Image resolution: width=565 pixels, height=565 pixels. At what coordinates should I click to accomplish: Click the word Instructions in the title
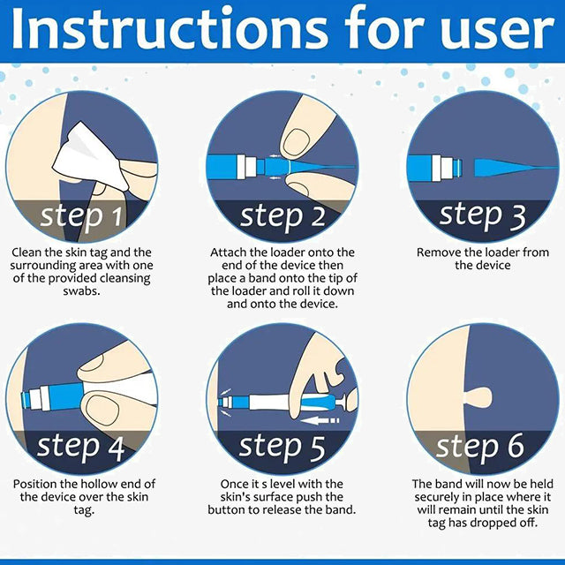(x=169, y=29)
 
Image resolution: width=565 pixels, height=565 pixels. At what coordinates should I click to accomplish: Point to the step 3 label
(x=482, y=216)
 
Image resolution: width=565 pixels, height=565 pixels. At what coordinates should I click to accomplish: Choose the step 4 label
(x=80, y=448)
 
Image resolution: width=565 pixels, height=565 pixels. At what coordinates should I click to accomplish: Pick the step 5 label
(x=282, y=448)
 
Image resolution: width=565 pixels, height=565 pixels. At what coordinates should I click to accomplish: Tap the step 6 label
(x=479, y=448)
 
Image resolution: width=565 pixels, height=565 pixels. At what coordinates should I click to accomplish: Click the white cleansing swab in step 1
(x=87, y=157)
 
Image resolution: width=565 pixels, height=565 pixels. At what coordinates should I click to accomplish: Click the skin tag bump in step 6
(x=478, y=397)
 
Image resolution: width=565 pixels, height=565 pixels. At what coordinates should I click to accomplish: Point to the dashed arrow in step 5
(x=320, y=420)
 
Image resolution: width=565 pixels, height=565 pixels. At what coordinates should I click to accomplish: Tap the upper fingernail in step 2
(x=296, y=142)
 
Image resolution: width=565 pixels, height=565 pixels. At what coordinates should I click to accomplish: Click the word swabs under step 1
(x=81, y=290)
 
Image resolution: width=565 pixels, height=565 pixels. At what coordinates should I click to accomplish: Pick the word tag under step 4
(x=84, y=510)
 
